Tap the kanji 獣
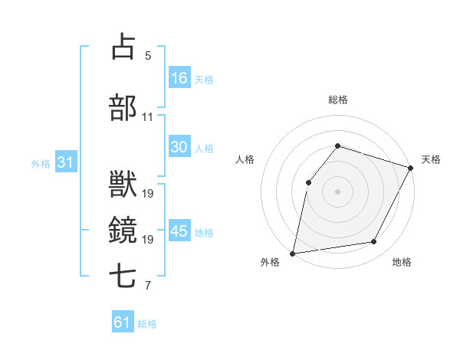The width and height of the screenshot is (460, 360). (x=123, y=184)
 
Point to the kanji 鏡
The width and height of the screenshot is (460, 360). (x=123, y=229)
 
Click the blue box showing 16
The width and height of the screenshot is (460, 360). (x=179, y=78)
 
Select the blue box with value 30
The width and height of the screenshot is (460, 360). (x=179, y=148)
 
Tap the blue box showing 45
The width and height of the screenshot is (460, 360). (x=179, y=231)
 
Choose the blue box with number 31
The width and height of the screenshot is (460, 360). (x=65, y=162)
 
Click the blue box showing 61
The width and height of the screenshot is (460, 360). (x=123, y=322)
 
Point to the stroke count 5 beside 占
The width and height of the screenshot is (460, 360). (x=148, y=55)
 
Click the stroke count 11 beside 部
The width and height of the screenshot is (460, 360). (x=148, y=117)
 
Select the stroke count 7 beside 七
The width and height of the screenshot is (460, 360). (x=148, y=286)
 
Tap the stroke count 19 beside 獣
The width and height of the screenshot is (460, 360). (x=148, y=193)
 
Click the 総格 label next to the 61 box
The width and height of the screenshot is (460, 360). (x=147, y=324)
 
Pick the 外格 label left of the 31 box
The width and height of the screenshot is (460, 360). (x=41, y=164)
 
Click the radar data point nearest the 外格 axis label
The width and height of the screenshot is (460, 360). (x=293, y=253)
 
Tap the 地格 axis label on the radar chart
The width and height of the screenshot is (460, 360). (x=402, y=263)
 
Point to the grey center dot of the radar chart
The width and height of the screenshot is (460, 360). (x=337, y=191)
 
